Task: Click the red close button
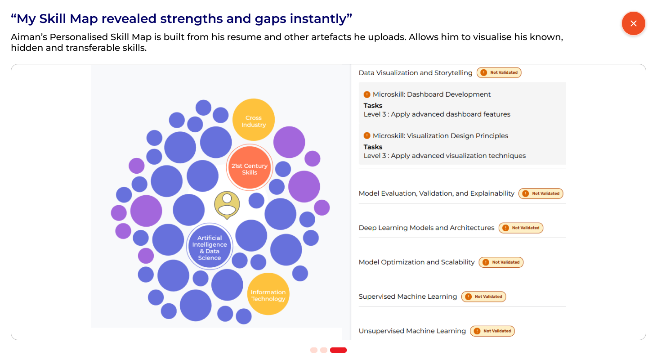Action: (633, 23)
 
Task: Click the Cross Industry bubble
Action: (254, 120)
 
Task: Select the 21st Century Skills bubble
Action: (249, 167)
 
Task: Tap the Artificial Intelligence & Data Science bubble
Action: (210, 247)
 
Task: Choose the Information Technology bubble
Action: (268, 294)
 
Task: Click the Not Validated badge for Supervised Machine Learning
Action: (484, 297)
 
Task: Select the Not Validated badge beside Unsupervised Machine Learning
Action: (492, 331)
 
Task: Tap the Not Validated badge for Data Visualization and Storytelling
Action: (499, 72)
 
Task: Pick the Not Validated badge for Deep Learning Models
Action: (521, 228)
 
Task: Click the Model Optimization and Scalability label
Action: (416, 262)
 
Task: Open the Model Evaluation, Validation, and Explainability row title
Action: (437, 193)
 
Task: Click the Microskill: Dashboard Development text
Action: (431, 94)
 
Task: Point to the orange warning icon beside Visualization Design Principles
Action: (367, 135)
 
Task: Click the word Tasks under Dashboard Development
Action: (373, 106)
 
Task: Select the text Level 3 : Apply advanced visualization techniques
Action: (445, 156)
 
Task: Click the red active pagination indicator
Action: (338, 350)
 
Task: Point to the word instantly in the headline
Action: (321, 19)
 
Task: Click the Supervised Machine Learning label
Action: (408, 297)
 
